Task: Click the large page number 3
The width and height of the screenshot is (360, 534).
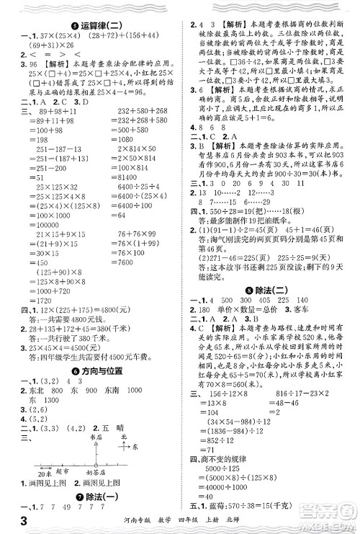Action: point(11,522)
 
